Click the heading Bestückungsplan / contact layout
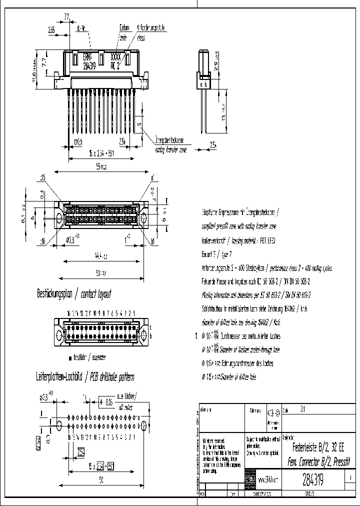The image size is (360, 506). click(73, 294)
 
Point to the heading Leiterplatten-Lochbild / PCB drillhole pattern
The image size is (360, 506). click(85, 376)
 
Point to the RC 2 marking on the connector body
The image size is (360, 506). click(115, 64)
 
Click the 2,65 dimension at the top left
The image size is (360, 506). click(51, 30)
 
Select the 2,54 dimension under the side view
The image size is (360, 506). click(213, 145)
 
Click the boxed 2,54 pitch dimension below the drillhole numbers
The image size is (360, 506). click(81, 452)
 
